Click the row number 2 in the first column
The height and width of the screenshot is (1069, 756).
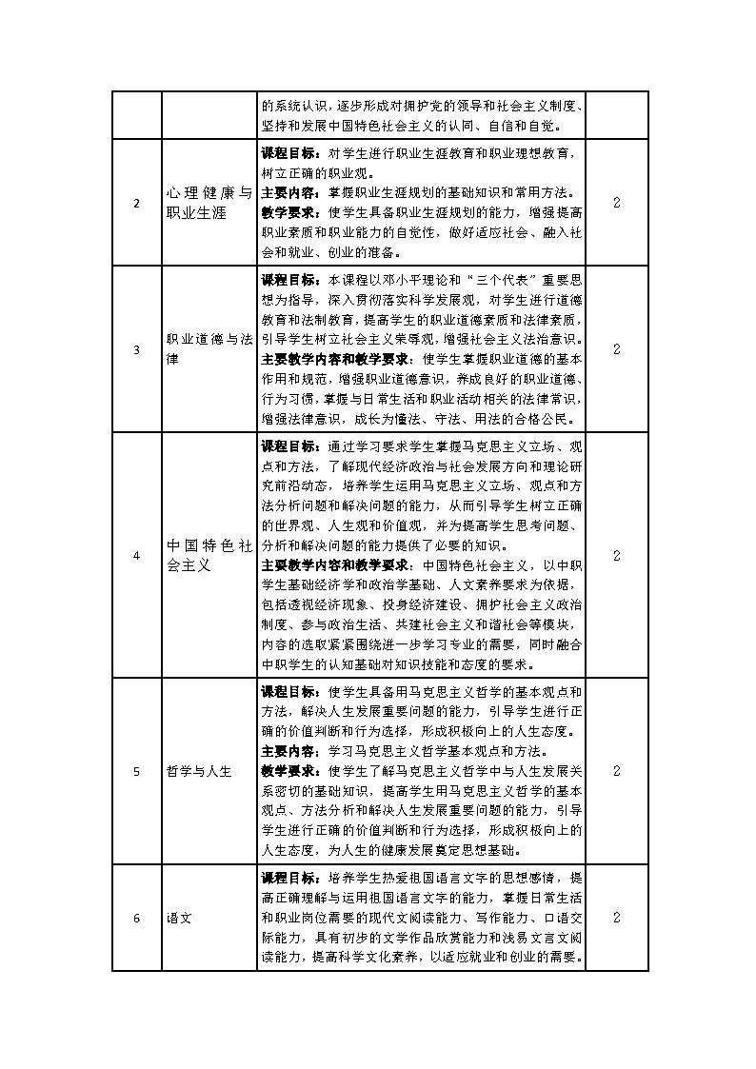click(x=136, y=203)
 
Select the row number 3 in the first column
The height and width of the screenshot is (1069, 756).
click(x=136, y=349)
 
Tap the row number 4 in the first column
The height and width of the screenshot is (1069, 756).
click(x=136, y=555)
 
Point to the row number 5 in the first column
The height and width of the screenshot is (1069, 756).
click(x=136, y=771)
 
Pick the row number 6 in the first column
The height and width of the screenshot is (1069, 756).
click(x=136, y=918)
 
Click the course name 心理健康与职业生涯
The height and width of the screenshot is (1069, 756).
click(x=209, y=203)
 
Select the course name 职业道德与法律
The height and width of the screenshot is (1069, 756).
click(x=209, y=349)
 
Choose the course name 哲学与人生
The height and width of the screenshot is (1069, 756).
click(x=199, y=771)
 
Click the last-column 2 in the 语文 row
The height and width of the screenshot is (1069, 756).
click(x=617, y=918)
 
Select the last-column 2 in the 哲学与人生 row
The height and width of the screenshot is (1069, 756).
click(x=617, y=771)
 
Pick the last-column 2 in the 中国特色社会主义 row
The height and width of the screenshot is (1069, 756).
click(x=617, y=555)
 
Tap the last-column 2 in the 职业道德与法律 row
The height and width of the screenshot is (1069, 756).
click(x=617, y=349)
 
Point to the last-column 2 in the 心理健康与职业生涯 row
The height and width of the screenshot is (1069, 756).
click(x=617, y=203)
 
